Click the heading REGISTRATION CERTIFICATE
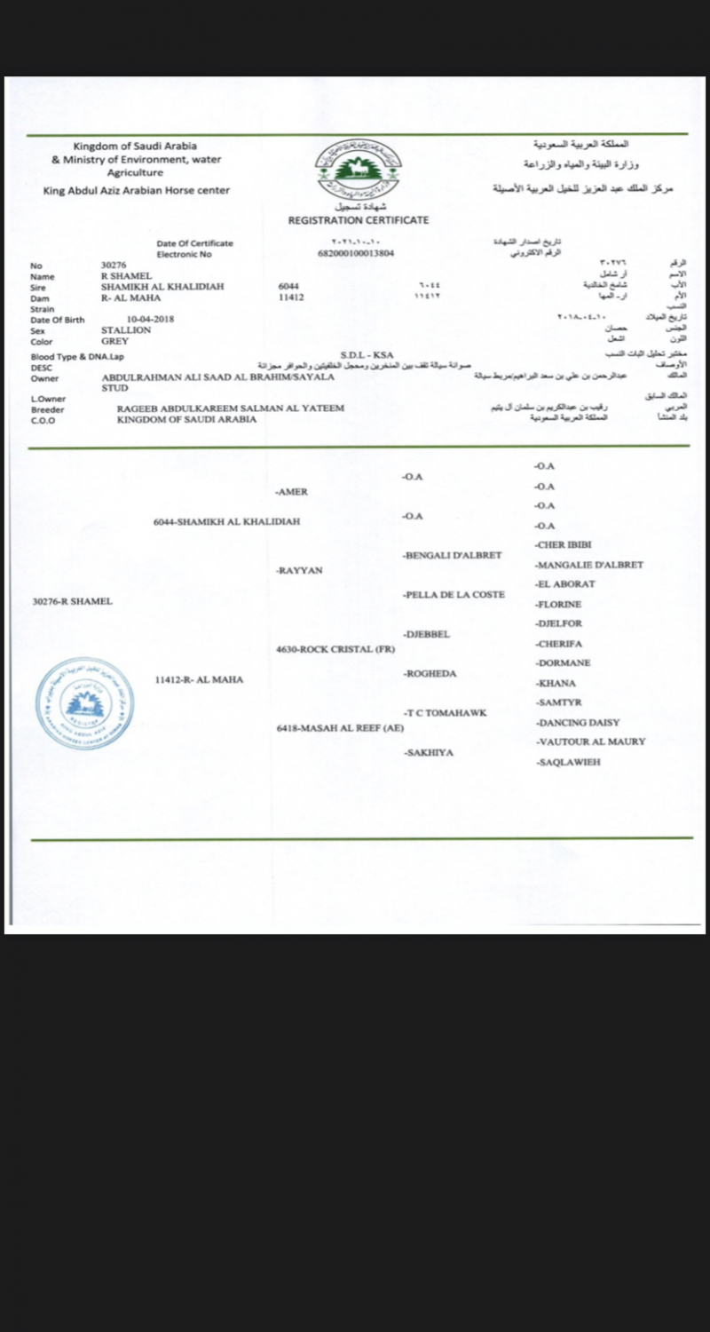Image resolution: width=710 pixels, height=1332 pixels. point(359,220)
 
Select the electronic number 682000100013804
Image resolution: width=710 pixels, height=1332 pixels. point(355,254)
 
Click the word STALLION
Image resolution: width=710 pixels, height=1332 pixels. point(126,330)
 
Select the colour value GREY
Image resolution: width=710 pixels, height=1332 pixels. point(114,341)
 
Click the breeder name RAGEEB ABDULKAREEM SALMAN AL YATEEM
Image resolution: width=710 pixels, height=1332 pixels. point(230,408)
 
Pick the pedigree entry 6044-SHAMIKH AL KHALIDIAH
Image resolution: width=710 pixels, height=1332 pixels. point(226,522)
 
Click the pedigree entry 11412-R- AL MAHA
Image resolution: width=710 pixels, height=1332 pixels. point(199,679)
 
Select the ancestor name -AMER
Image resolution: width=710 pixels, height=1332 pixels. point(292,492)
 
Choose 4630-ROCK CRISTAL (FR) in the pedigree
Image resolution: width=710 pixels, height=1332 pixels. point(335,649)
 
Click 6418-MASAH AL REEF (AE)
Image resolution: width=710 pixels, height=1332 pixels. point(340,728)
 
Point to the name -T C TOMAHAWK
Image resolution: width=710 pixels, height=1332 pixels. point(445,713)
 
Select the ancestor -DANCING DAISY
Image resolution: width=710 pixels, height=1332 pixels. point(578,723)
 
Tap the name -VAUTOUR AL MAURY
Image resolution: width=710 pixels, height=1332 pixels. point(590,741)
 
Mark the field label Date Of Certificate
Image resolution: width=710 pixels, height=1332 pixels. point(194,243)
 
